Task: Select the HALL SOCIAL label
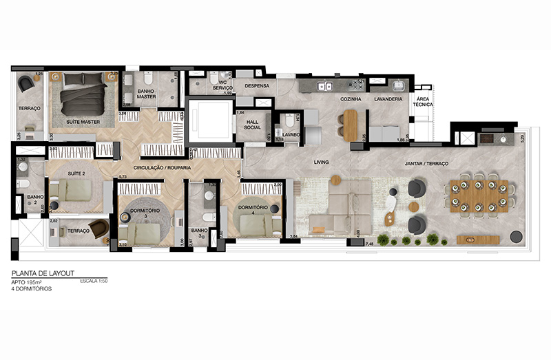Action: click(x=252, y=125)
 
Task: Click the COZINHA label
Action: click(x=351, y=99)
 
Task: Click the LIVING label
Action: click(x=322, y=162)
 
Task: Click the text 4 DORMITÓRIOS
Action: click(x=31, y=288)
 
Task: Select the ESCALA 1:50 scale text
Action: click(x=94, y=282)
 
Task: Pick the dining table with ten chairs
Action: click(x=480, y=195)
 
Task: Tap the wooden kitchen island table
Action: click(x=351, y=125)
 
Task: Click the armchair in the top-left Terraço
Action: click(x=25, y=84)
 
